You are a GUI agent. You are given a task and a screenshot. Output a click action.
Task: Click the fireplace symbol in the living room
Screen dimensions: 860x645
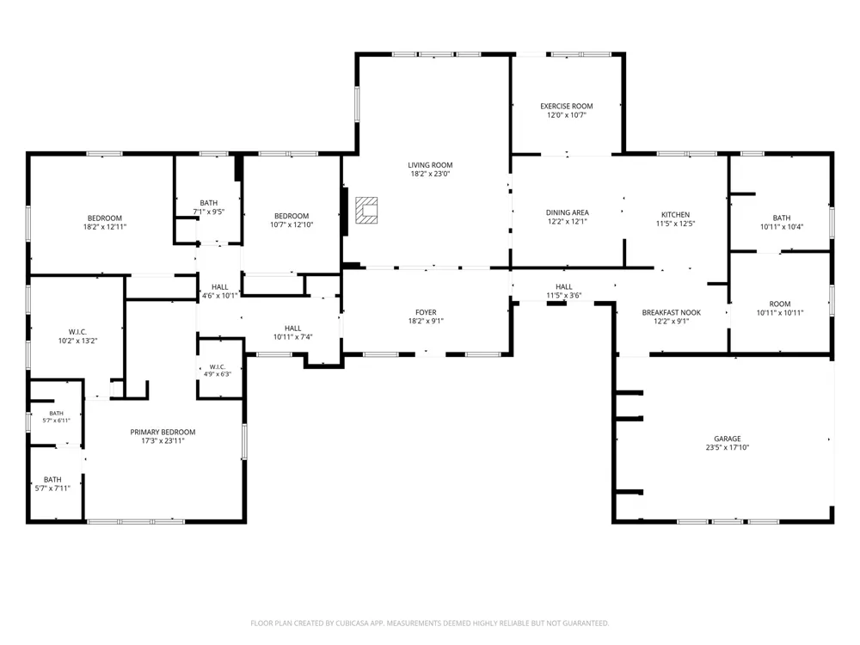tap(366, 211)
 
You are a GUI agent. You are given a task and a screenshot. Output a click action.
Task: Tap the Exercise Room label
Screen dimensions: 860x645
tap(567, 107)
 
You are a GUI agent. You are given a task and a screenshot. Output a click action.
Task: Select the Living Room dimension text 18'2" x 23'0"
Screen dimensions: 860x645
tap(431, 174)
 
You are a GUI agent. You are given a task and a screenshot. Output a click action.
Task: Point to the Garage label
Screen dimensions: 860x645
tap(728, 439)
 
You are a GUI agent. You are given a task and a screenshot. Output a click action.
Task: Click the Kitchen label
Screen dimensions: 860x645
tap(676, 215)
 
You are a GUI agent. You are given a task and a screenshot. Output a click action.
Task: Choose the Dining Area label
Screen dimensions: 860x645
tap(567, 212)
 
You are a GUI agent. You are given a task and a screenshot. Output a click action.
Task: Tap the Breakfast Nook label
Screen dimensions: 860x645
tap(672, 313)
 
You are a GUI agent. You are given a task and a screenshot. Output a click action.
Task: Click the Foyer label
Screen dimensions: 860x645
tap(427, 313)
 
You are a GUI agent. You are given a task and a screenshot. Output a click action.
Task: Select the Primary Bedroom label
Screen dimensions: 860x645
tap(163, 433)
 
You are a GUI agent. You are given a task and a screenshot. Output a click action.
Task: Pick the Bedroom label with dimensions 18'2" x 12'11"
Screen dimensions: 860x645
tap(105, 218)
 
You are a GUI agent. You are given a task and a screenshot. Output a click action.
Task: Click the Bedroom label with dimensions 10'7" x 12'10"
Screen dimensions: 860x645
tap(292, 216)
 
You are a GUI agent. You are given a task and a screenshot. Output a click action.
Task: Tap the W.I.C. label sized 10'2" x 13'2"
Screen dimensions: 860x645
tap(78, 332)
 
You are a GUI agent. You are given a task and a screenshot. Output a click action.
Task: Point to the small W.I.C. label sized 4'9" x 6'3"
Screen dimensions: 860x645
tap(218, 367)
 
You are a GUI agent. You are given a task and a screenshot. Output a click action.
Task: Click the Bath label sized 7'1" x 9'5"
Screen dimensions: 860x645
tap(209, 203)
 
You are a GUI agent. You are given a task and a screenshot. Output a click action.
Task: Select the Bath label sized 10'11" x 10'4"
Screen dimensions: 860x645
tap(782, 218)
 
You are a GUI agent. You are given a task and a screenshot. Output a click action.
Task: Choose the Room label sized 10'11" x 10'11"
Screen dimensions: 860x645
tap(780, 304)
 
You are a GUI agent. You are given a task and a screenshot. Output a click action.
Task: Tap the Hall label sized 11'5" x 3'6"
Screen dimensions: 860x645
tap(564, 287)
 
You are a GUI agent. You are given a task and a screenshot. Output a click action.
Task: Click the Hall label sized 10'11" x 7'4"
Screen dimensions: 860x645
tap(293, 329)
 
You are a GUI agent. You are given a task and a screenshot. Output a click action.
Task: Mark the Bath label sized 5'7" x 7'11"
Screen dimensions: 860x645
tap(52, 479)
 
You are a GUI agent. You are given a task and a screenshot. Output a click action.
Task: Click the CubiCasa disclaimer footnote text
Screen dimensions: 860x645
tap(430, 623)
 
